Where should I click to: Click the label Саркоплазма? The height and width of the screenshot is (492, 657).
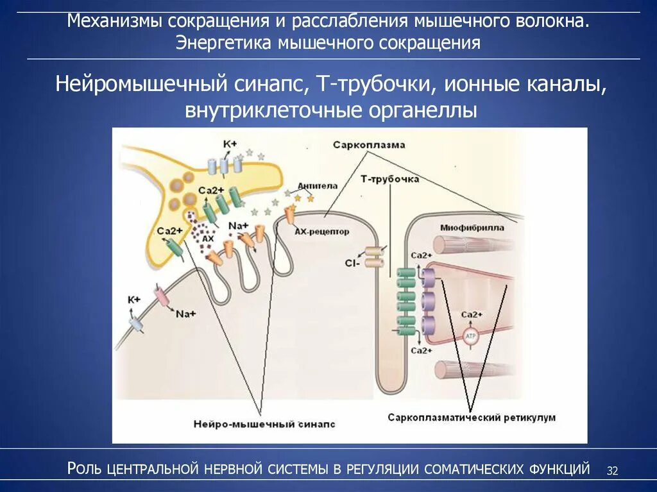click(x=369, y=145)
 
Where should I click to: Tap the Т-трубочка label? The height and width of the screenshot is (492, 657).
click(x=389, y=180)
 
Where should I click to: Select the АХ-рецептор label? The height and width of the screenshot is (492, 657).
click(x=321, y=232)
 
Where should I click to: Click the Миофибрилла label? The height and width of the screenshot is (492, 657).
click(x=472, y=227)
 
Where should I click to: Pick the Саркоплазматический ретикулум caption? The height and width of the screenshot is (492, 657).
click(x=471, y=418)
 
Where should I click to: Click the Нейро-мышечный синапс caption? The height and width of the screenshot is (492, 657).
click(x=264, y=424)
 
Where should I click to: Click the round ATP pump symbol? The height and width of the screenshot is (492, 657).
click(x=472, y=338)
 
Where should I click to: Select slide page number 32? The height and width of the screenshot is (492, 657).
click(x=612, y=471)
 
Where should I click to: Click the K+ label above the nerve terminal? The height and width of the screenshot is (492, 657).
click(x=230, y=144)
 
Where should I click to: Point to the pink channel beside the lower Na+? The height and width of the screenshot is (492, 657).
click(x=160, y=297)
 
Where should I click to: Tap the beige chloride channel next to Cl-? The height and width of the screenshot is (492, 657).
click(x=373, y=258)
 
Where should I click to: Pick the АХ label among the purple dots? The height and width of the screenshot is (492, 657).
click(x=207, y=239)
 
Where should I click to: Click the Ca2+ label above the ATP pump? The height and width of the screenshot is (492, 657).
click(x=472, y=314)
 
